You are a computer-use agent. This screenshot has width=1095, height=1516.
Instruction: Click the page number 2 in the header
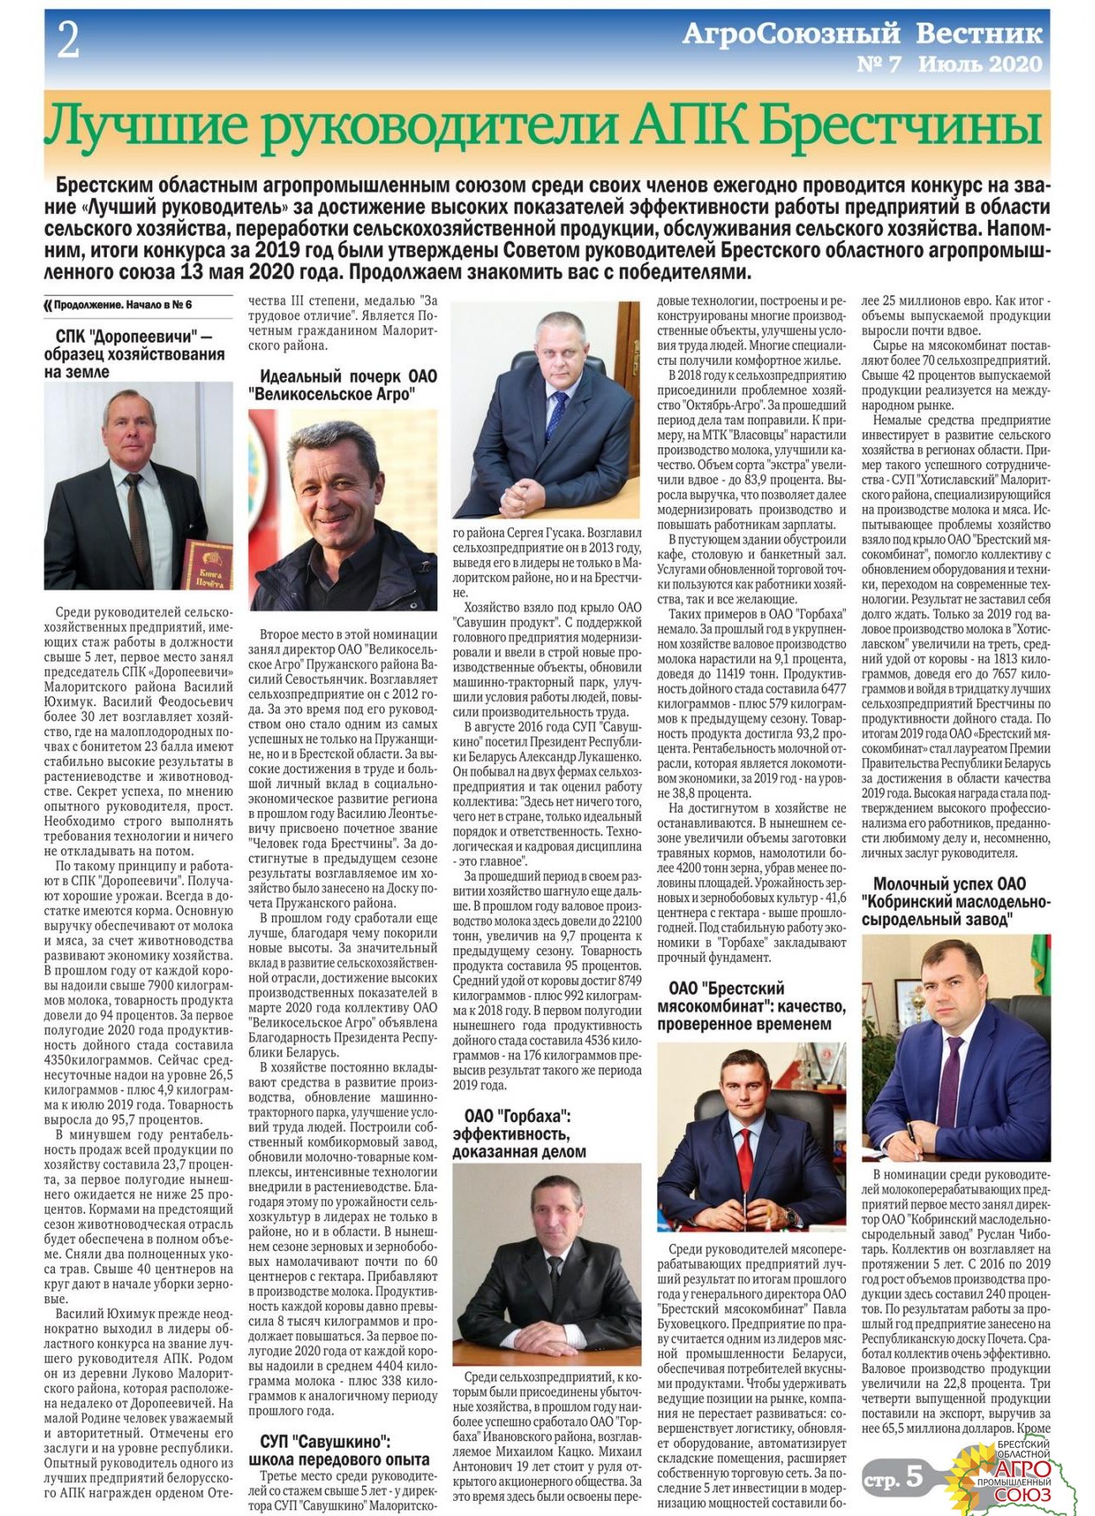click(67, 40)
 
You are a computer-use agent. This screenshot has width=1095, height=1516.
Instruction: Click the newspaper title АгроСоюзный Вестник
click(862, 34)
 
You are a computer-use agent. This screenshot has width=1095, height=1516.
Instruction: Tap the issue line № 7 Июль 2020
click(948, 64)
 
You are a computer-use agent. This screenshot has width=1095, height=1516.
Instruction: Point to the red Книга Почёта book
click(208, 564)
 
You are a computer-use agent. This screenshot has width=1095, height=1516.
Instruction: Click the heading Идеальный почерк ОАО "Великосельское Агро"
click(343, 385)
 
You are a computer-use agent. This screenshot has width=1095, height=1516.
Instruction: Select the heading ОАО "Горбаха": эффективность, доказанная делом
click(519, 1134)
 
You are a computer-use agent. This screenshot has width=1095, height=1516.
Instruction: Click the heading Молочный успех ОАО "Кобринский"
click(955, 901)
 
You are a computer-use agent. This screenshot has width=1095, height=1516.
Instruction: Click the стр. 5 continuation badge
click(893, 1479)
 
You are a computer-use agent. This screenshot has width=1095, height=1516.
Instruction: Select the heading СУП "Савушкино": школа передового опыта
click(339, 1449)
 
